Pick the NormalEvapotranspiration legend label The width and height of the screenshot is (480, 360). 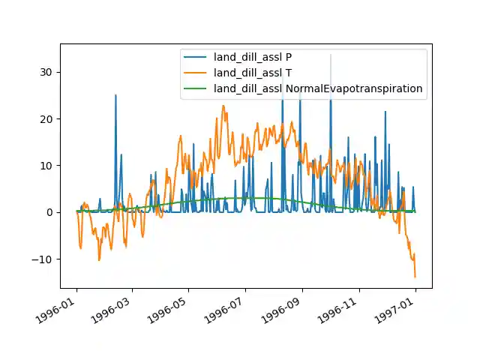pos(318,88)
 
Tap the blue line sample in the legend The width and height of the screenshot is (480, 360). pos(196,56)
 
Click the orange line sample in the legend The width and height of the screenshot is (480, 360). pos(196,73)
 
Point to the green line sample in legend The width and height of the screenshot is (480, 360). pos(196,88)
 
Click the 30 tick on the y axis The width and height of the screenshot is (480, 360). pos(49,72)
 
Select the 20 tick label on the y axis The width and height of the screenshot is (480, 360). pos(49,118)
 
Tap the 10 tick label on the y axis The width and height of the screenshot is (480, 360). pos(49,166)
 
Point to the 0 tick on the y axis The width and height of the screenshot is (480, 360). pos(52,212)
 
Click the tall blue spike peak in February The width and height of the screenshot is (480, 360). pos(115,95)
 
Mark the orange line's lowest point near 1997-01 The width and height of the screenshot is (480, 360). pos(415,277)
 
